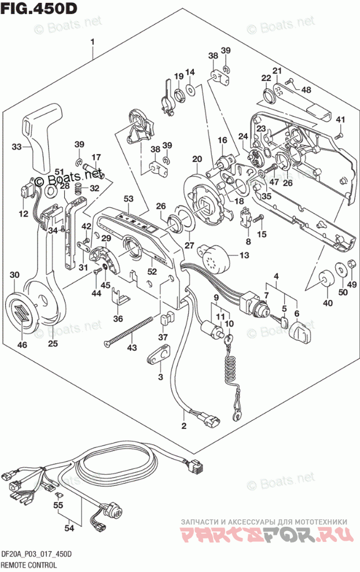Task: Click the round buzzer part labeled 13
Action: click(x=210, y=255)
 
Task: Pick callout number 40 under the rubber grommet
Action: click(x=328, y=303)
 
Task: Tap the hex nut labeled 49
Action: click(x=351, y=266)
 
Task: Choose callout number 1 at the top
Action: click(x=92, y=42)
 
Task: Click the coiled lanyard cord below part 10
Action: click(x=232, y=371)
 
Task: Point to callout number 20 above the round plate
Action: click(x=197, y=159)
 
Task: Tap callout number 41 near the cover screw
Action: click(x=340, y=120)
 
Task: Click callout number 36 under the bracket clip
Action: click(x=118, y=318)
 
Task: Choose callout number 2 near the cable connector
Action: click(x=184, y=427)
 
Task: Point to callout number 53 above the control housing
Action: click(x=128, y=199)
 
